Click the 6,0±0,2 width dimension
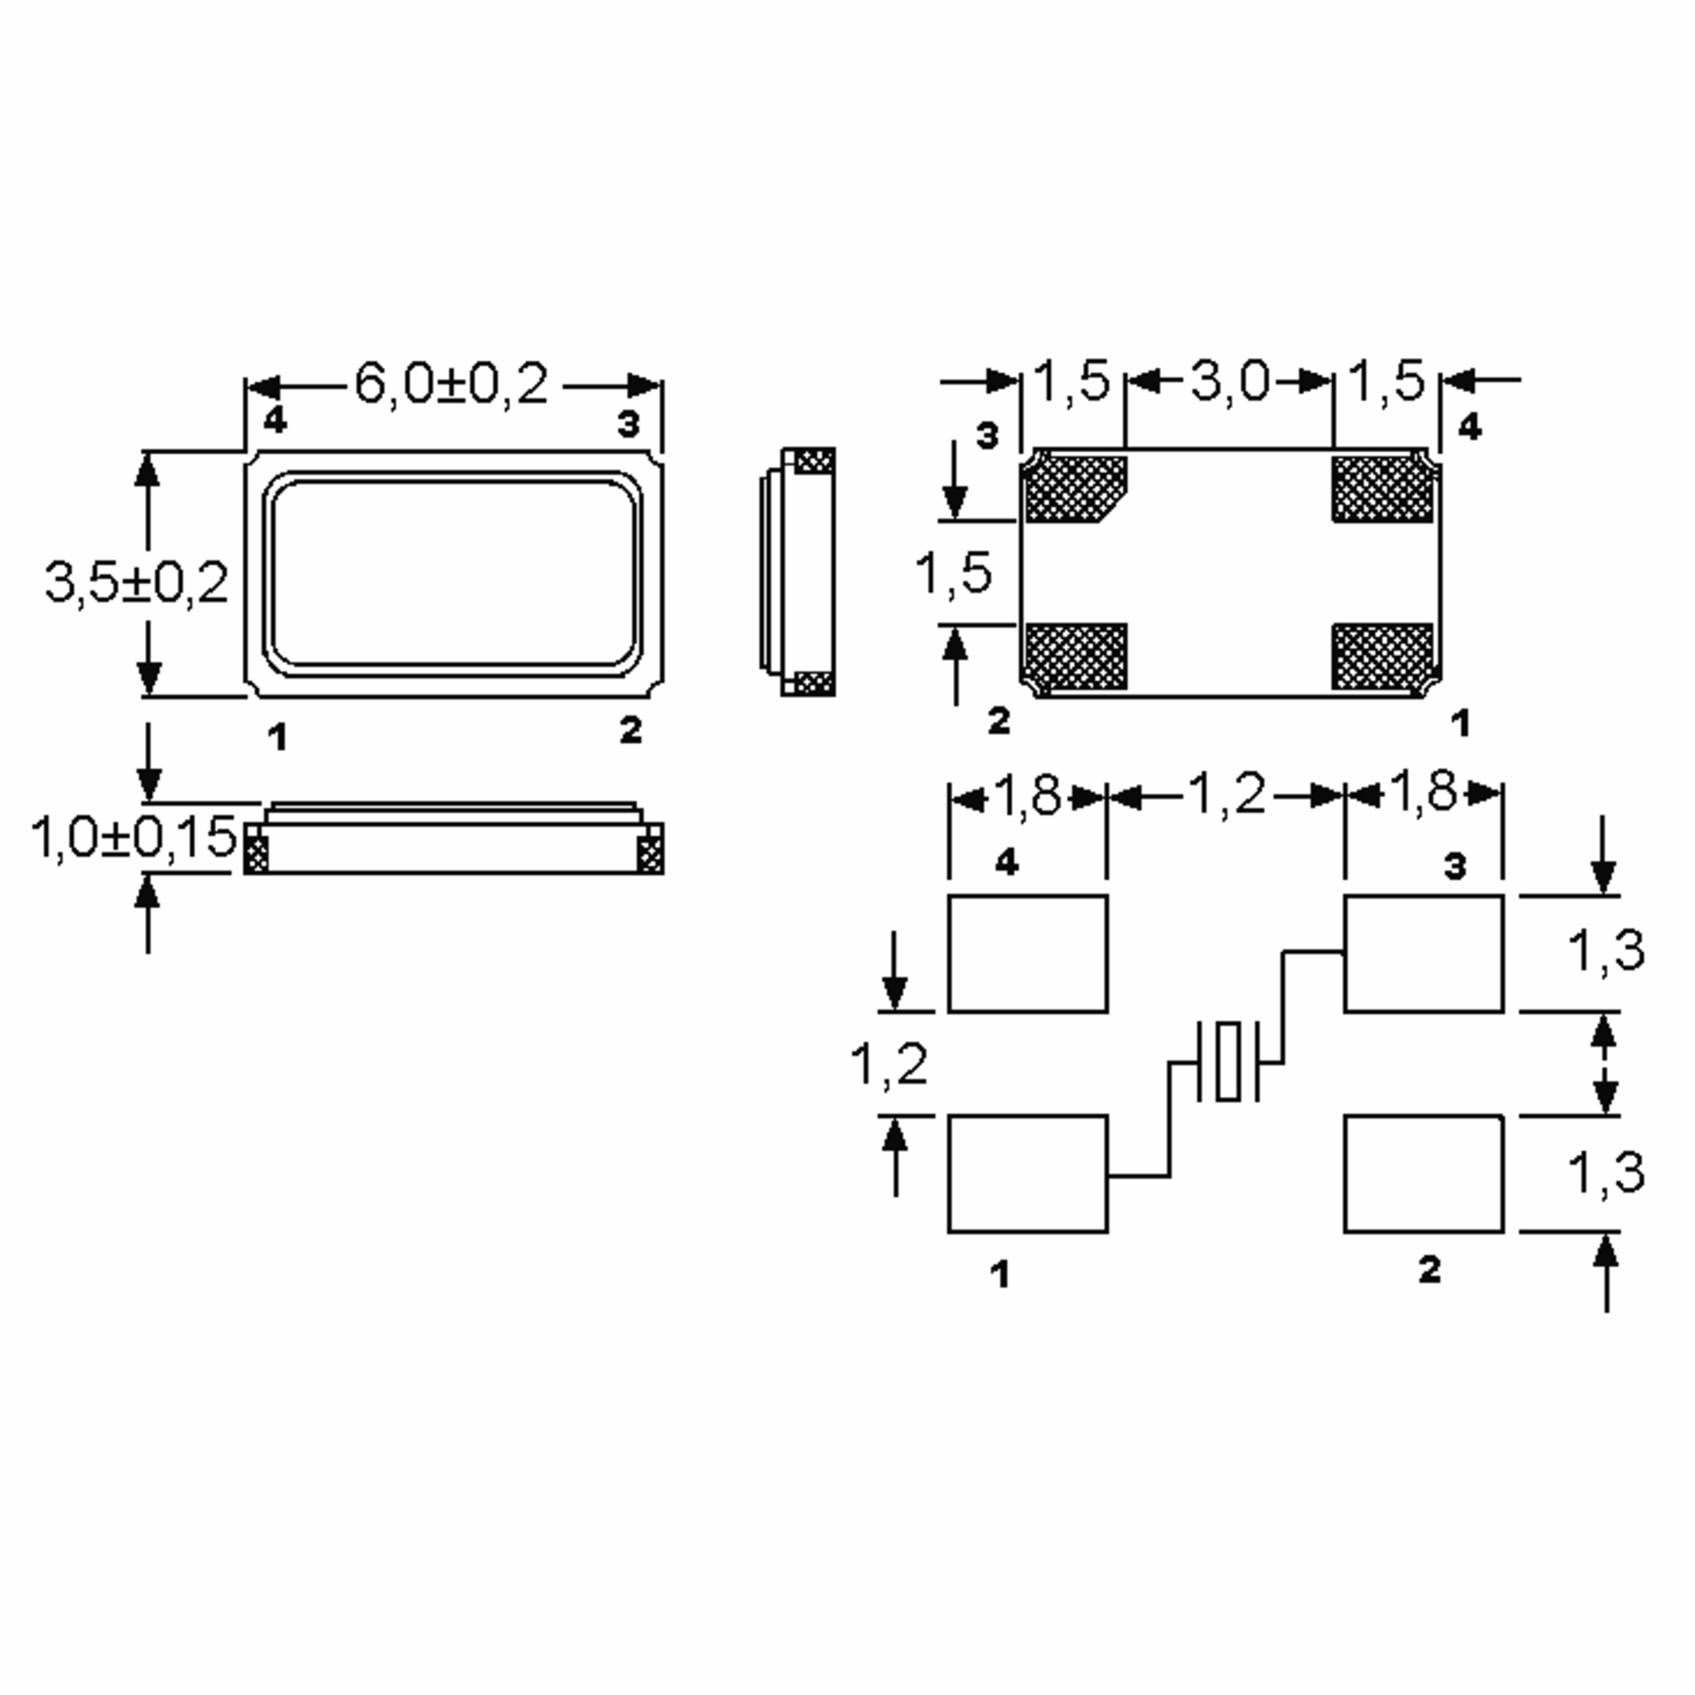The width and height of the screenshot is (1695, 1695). [x=451, y=384]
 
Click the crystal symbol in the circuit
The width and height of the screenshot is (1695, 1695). [x=1228, y=1061]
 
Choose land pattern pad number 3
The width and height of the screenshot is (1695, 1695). [x=1424, y=953]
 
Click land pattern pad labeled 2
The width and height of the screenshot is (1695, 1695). [x=1424, y=1174]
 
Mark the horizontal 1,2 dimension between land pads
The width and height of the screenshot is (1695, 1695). [x=1227, y=795]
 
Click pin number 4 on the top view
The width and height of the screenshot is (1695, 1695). [x=275, y=420]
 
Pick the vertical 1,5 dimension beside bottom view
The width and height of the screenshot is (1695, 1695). [x=953, y=573]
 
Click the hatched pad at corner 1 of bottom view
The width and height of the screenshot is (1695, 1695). [x=1383, y=657]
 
